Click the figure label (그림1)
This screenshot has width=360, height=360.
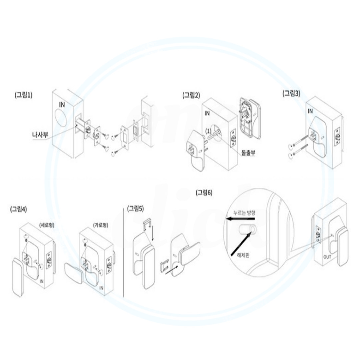coord(24,95)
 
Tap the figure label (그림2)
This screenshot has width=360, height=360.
coord(191,95)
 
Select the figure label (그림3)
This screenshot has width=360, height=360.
coord(291,93)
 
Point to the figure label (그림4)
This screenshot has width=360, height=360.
coord(19,209)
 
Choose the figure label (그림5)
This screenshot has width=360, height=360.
coord(136,208)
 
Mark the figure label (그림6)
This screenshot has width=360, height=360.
coord(204,192)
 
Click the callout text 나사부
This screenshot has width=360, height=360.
coord(40,135)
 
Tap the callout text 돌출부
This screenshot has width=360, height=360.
coord(248,153)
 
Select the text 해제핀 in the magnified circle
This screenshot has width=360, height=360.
coord(243,255)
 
